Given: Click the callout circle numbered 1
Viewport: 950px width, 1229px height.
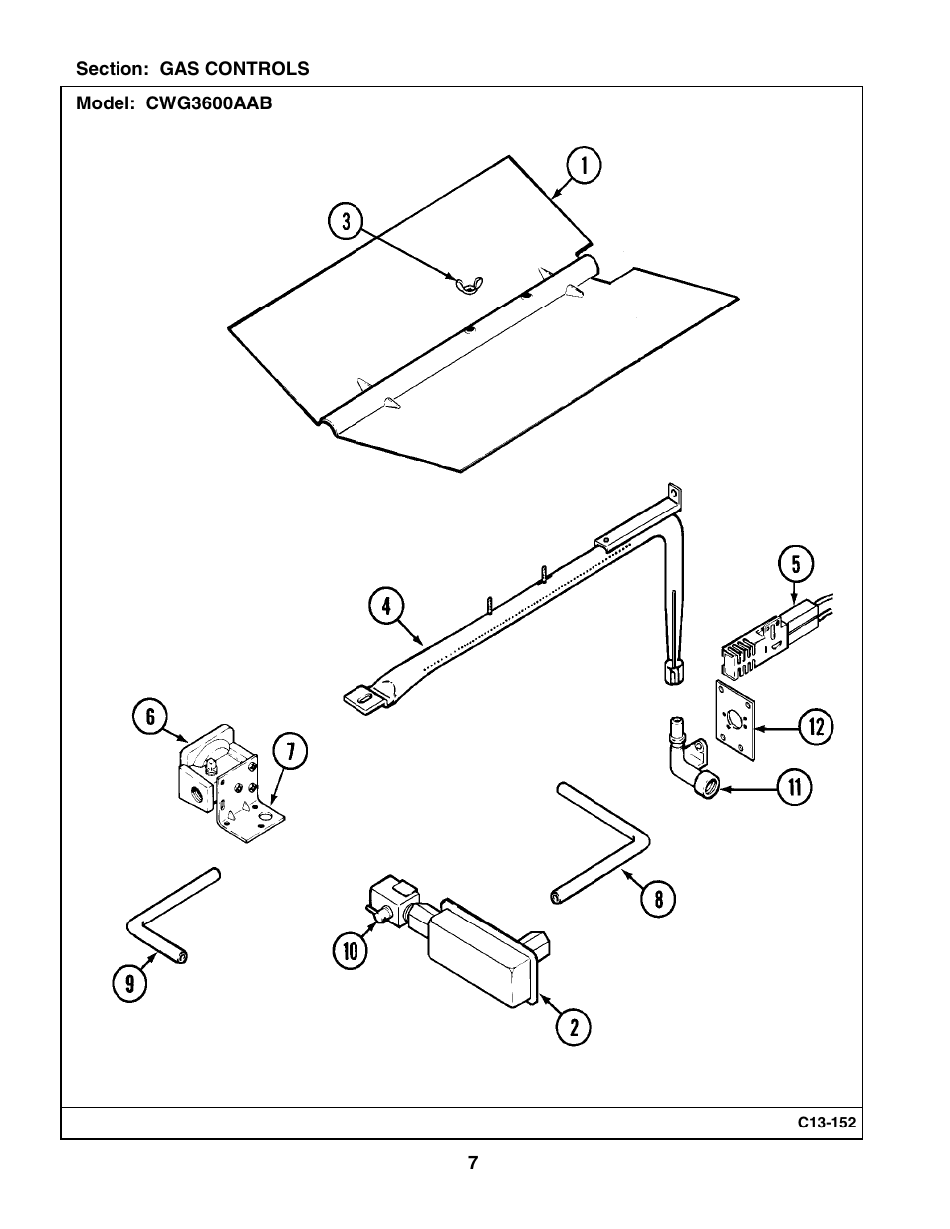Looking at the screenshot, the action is coord(584,166).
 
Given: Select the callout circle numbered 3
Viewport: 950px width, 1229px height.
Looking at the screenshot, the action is coord(346,221).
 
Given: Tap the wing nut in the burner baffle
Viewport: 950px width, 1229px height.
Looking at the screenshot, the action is coord(469,283).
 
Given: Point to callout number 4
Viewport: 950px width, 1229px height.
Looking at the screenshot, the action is coord(386,607).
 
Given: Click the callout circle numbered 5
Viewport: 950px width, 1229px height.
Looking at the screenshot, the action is coord(795,564).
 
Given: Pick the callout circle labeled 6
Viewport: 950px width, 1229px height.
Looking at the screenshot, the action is coord(150,717).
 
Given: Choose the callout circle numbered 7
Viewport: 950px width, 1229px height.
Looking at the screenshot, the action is coord(289,752).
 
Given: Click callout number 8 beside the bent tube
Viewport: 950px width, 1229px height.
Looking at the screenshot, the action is coord(658,900).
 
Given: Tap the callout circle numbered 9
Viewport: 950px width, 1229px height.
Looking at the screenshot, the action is coord(130,984).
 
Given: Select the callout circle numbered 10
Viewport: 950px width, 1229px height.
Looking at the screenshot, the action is coord(351,951).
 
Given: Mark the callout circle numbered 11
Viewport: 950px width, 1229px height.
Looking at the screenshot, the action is coord(794,787).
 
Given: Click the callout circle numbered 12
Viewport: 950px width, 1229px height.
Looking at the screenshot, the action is coord(816,727).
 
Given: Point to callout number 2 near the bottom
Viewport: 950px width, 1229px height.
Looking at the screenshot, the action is coord(573,1027).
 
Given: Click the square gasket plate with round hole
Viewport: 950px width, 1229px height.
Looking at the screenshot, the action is coord(735,720).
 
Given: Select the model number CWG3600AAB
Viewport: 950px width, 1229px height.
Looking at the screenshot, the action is coord(209,103).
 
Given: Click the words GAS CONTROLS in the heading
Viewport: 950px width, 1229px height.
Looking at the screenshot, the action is coord(235,69).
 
